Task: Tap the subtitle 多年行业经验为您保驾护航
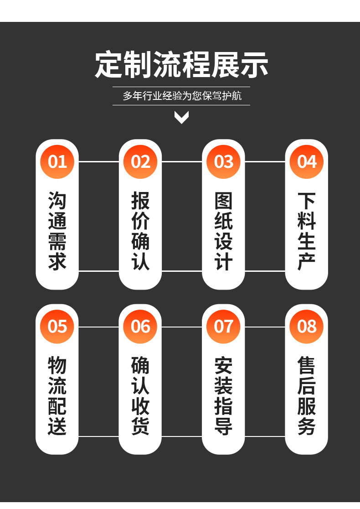click(181, 96)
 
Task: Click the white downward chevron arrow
click(181, 118)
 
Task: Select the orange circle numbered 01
click(57, 161)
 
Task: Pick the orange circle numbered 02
click(140, 161)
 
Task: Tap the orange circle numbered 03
click(223, 161)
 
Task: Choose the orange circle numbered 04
click(307, 161)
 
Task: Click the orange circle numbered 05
click(57, 327)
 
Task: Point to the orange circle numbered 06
click(140, 327)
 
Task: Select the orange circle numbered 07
click(223, 327)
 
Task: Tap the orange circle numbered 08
click(307, 327)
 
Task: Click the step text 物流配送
click(57, 396)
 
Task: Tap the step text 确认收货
click(140, 396)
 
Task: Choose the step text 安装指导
click(223, 396)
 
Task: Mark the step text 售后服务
click(307, 396)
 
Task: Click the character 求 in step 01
click(57, 262)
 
